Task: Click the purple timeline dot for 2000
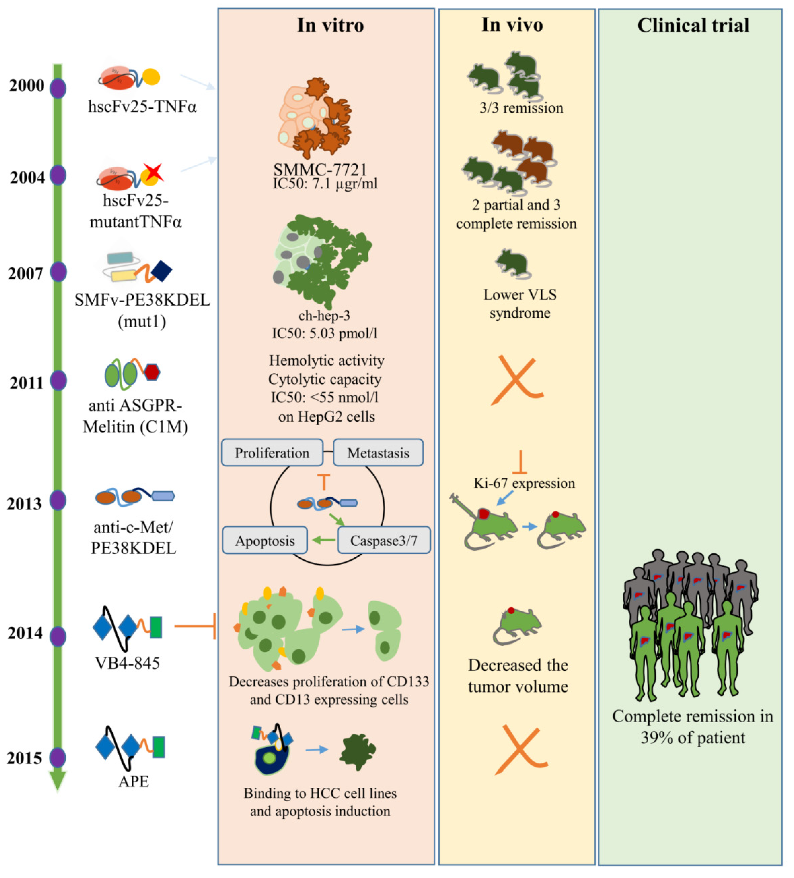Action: pyautogui.click(x=58, y=88)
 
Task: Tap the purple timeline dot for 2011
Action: pyautogui.click(x=58, y=380)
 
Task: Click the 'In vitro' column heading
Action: pyautogui.click(x=330, y=25)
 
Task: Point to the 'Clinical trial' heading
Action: pyautogui.click(x=693, y=25)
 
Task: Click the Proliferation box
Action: pyautogui.click(x=272, y=453)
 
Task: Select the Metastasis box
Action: pyautogui.click(x=378, y=453)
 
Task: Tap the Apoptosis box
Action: pyautogui.click(x=265, y=541)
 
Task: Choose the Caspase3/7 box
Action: pyautogui.click(x=384, y=541)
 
